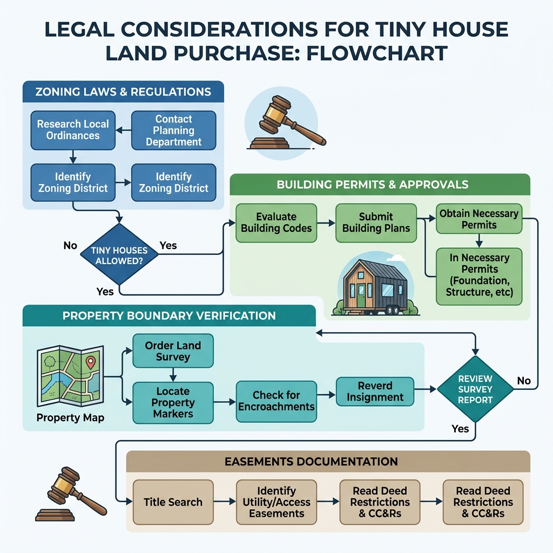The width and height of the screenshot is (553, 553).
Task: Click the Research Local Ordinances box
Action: [x=73, y=130]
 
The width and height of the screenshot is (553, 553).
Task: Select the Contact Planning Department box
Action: [x=173, y=130]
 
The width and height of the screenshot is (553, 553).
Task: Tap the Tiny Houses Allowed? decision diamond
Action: [x=119, y=254]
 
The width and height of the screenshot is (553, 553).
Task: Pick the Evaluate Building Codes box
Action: [x=276, y=222]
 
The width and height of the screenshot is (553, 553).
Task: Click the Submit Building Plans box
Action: [x=376, y=222]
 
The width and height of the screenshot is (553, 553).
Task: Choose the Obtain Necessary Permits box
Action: [x=478, y=219]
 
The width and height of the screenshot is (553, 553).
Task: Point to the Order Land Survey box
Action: [x=173, y=351]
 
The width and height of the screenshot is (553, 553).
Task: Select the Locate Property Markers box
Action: [x=173, y=402]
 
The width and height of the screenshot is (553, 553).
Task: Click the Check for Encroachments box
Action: [x=276, y=401]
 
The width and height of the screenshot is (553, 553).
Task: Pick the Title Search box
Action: [x=173, y=502]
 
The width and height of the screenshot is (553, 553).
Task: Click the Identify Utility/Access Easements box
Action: [x=276, y=502]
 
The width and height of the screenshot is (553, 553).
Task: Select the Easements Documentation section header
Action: [x=328, y=462]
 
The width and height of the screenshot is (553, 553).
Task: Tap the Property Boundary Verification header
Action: [x=169, y=315]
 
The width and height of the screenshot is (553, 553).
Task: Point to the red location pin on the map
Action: [x=91, y=362]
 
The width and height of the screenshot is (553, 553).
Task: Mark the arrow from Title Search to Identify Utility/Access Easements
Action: [x=224, y=502]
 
